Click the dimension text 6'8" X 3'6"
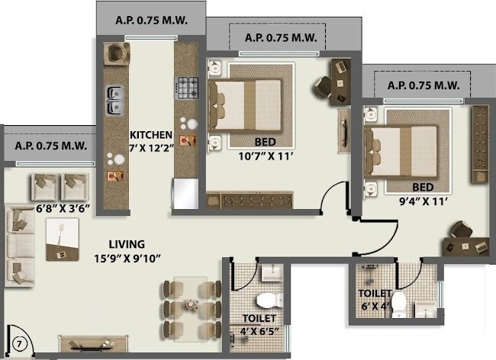tap(63, 207)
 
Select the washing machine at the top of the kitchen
tap(117, 53)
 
